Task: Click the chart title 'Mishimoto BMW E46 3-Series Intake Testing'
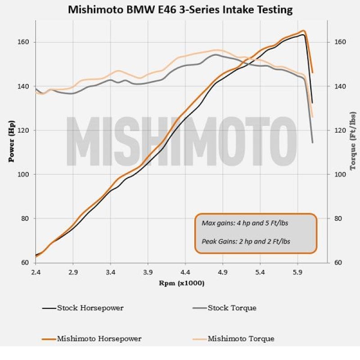pos(180,9)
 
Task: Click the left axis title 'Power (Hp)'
pos(12,141)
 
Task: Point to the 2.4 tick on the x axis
pos(36,272)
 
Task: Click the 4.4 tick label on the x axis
pos(185,272)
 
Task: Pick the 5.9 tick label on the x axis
pos(297,272)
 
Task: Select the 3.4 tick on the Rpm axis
pos(110,272)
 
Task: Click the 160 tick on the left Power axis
pos(23,42)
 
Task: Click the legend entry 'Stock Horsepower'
pos(90,308)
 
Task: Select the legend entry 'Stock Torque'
pos(232,308)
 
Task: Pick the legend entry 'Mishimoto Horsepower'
pos(99,339)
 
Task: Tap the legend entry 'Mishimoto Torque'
pos(241,339)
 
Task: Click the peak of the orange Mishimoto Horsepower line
pos(304,31)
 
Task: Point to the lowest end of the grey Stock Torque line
pos(312,143)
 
